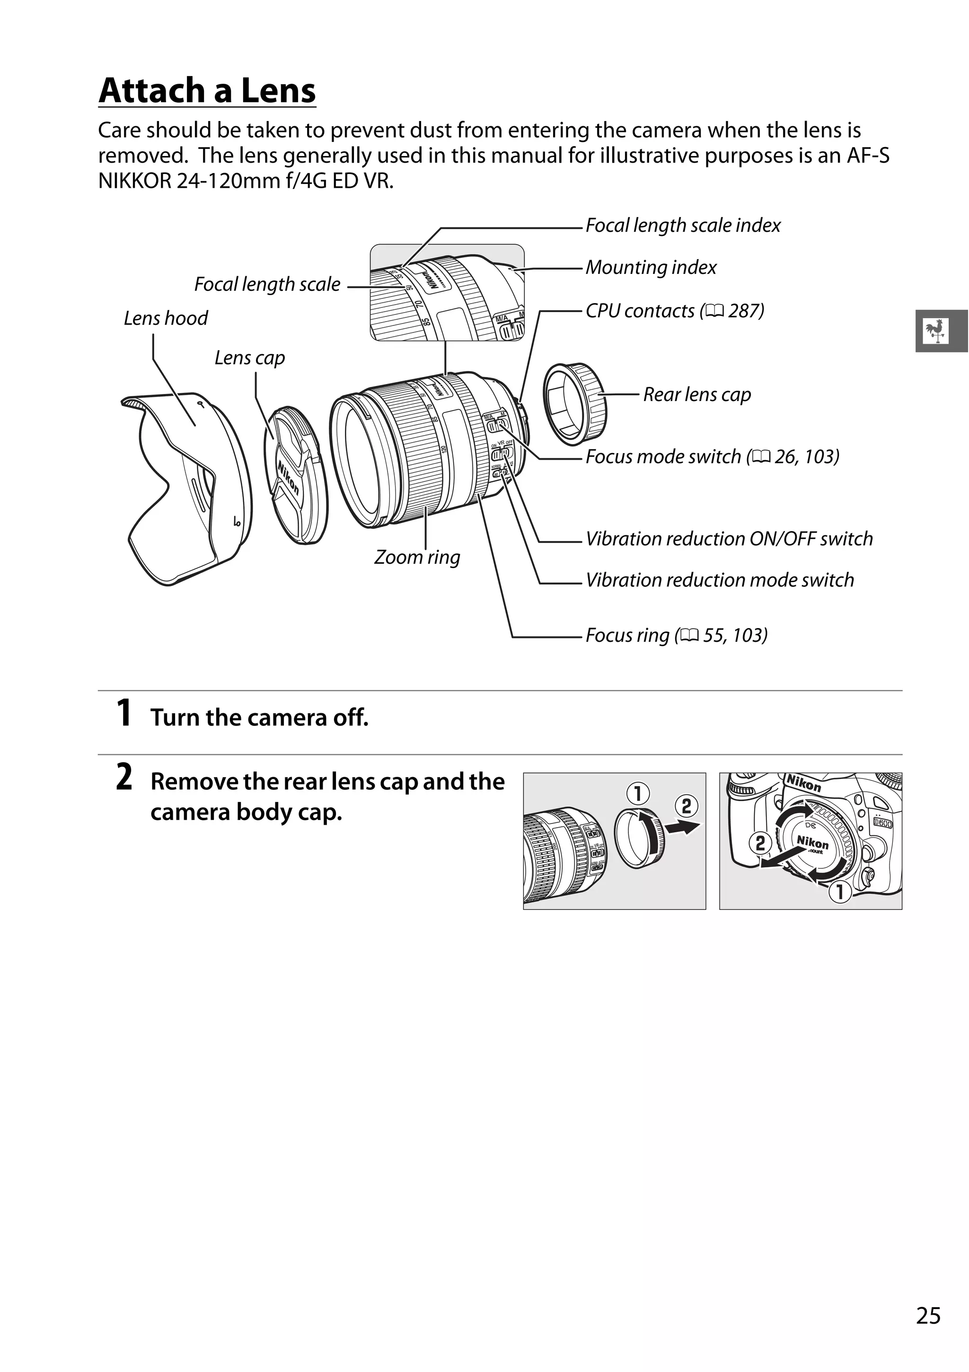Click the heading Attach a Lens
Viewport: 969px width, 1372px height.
(207, 91)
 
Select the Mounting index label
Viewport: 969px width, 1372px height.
(651, 267)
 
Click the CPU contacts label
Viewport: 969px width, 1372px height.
(674, 311)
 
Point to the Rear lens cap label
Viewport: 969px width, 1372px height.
(696, 394)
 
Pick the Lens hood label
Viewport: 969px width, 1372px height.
(166, 318)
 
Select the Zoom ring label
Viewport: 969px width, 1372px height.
(417, 557)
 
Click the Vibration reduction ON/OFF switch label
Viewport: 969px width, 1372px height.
(729, 539)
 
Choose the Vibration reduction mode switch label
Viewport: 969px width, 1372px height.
(719, 580)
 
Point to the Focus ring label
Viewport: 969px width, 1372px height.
(676, 635)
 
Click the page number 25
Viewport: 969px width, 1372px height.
(928, 1316)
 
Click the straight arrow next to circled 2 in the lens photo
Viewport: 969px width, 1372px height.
(683, 828)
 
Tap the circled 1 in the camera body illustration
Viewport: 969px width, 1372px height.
(839, 892)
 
